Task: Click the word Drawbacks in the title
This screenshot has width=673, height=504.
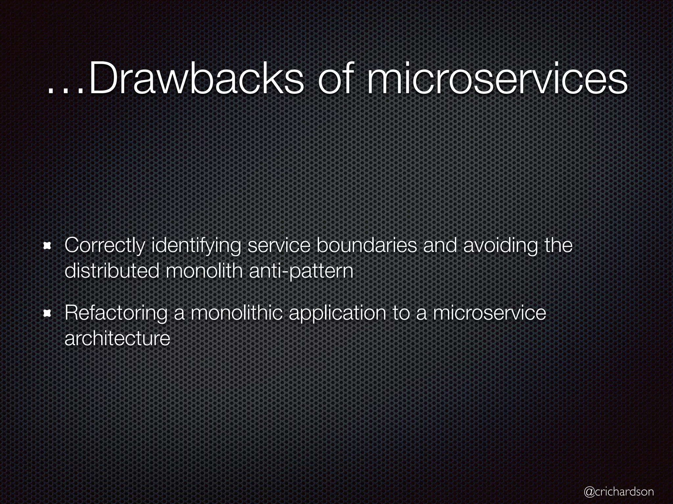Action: click(197, 80)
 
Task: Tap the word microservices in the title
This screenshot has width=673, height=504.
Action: click(497, 80)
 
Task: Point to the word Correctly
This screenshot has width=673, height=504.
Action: click(104, 246)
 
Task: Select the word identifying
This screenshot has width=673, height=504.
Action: click(196, 246)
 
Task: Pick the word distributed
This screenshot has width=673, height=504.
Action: click(112, 271)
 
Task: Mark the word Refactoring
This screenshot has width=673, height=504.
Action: click(116, 313)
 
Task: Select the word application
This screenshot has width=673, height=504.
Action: click(337, 313)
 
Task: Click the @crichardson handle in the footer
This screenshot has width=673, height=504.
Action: click(619, 492)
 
